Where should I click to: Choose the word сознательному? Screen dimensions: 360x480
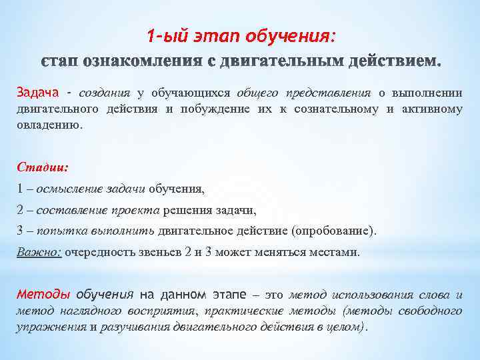point(335,109)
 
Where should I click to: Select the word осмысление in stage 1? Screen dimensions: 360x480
point(69,189)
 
